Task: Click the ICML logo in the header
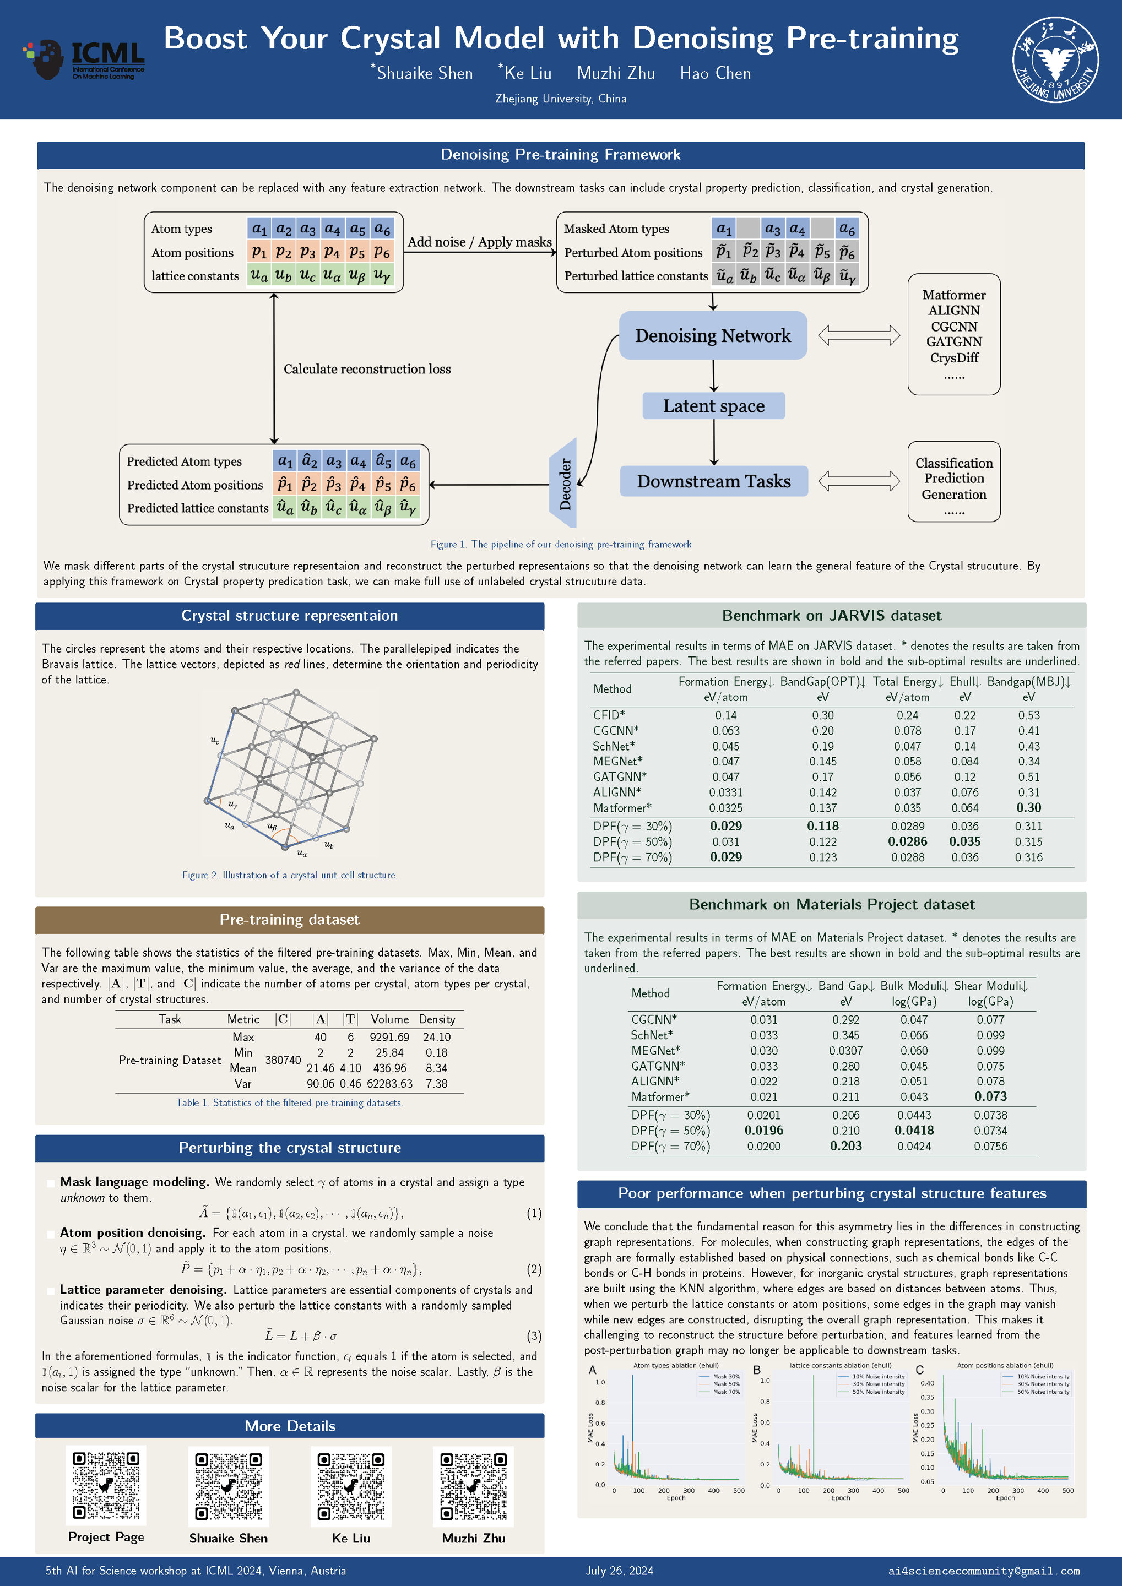tap(84, 59)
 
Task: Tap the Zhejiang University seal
tap(1055, 59)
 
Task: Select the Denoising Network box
tap(712, 336)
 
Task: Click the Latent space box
tap(714, 406)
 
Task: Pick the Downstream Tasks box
tap(714, 481)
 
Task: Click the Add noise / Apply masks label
tap(479, 242)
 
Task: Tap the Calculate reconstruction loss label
tap(367, 369)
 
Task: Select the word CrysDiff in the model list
tap(954, 358)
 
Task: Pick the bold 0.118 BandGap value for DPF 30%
tap(822, 826)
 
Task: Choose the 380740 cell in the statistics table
tap(283, 1060)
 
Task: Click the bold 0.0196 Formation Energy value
tap(763, 1131)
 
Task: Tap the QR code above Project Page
tap(106, 1486)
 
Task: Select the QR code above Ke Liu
tap(351, 1486)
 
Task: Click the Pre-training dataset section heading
tap(290, 920)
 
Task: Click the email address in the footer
tap(984, 1571)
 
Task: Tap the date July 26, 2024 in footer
tap(619, 1571)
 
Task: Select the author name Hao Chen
tap(715, 73)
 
